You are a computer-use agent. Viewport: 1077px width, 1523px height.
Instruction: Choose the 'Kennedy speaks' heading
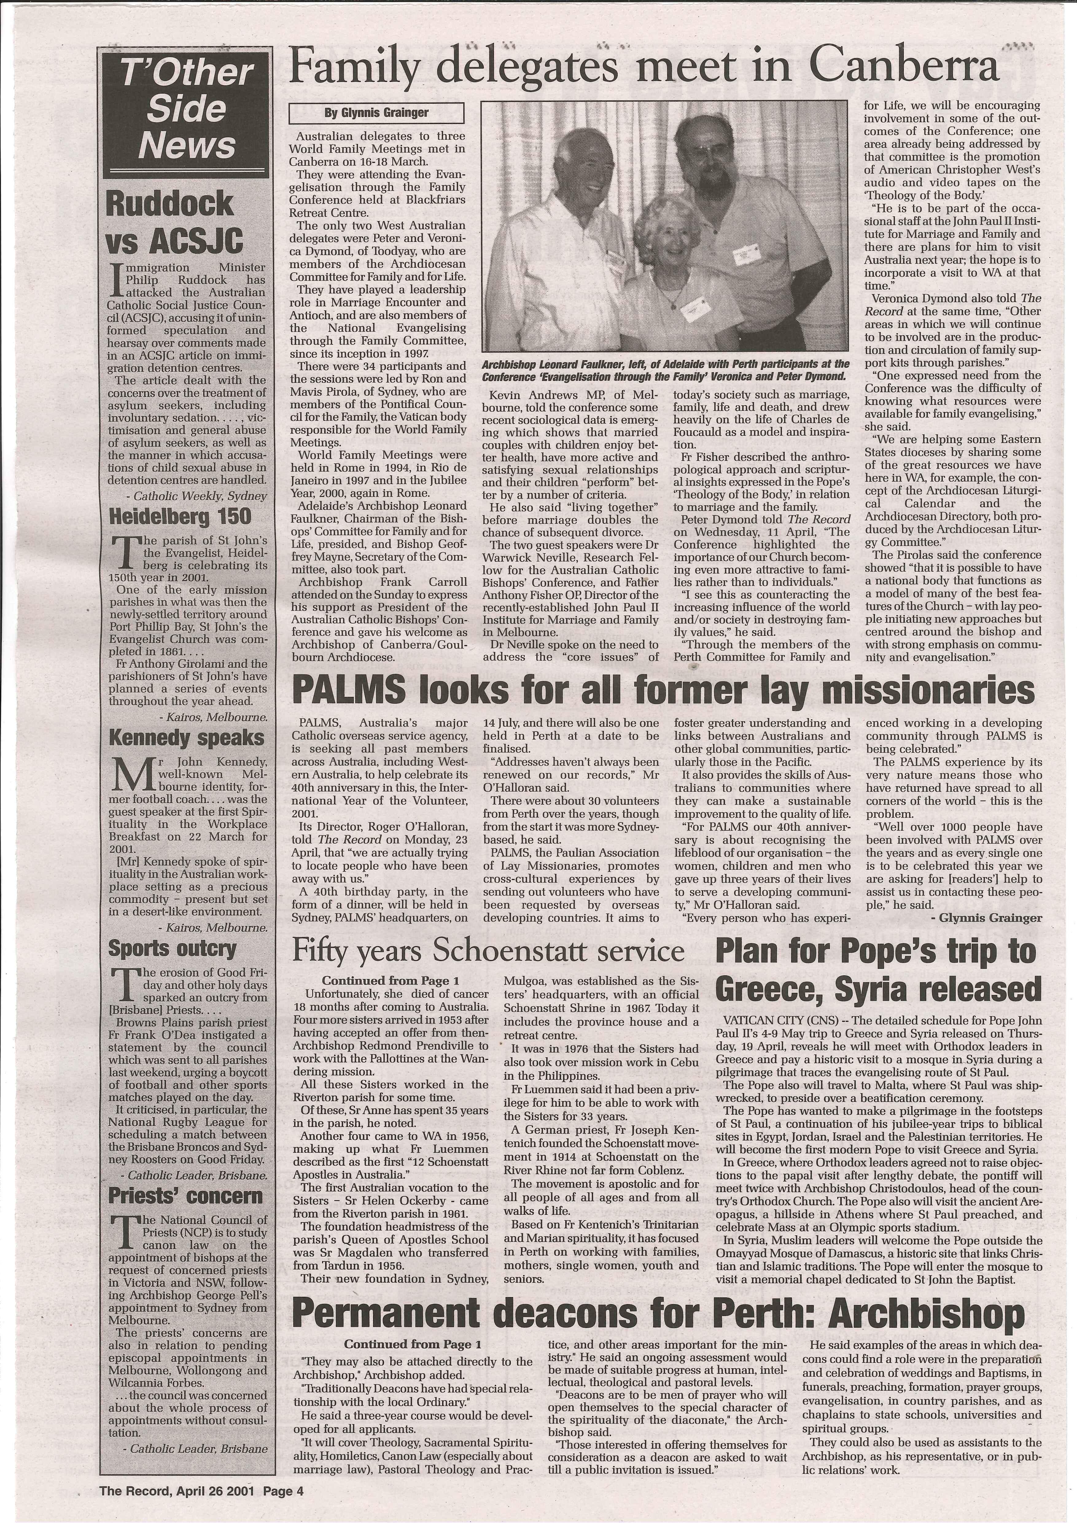[x=186, y=737]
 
